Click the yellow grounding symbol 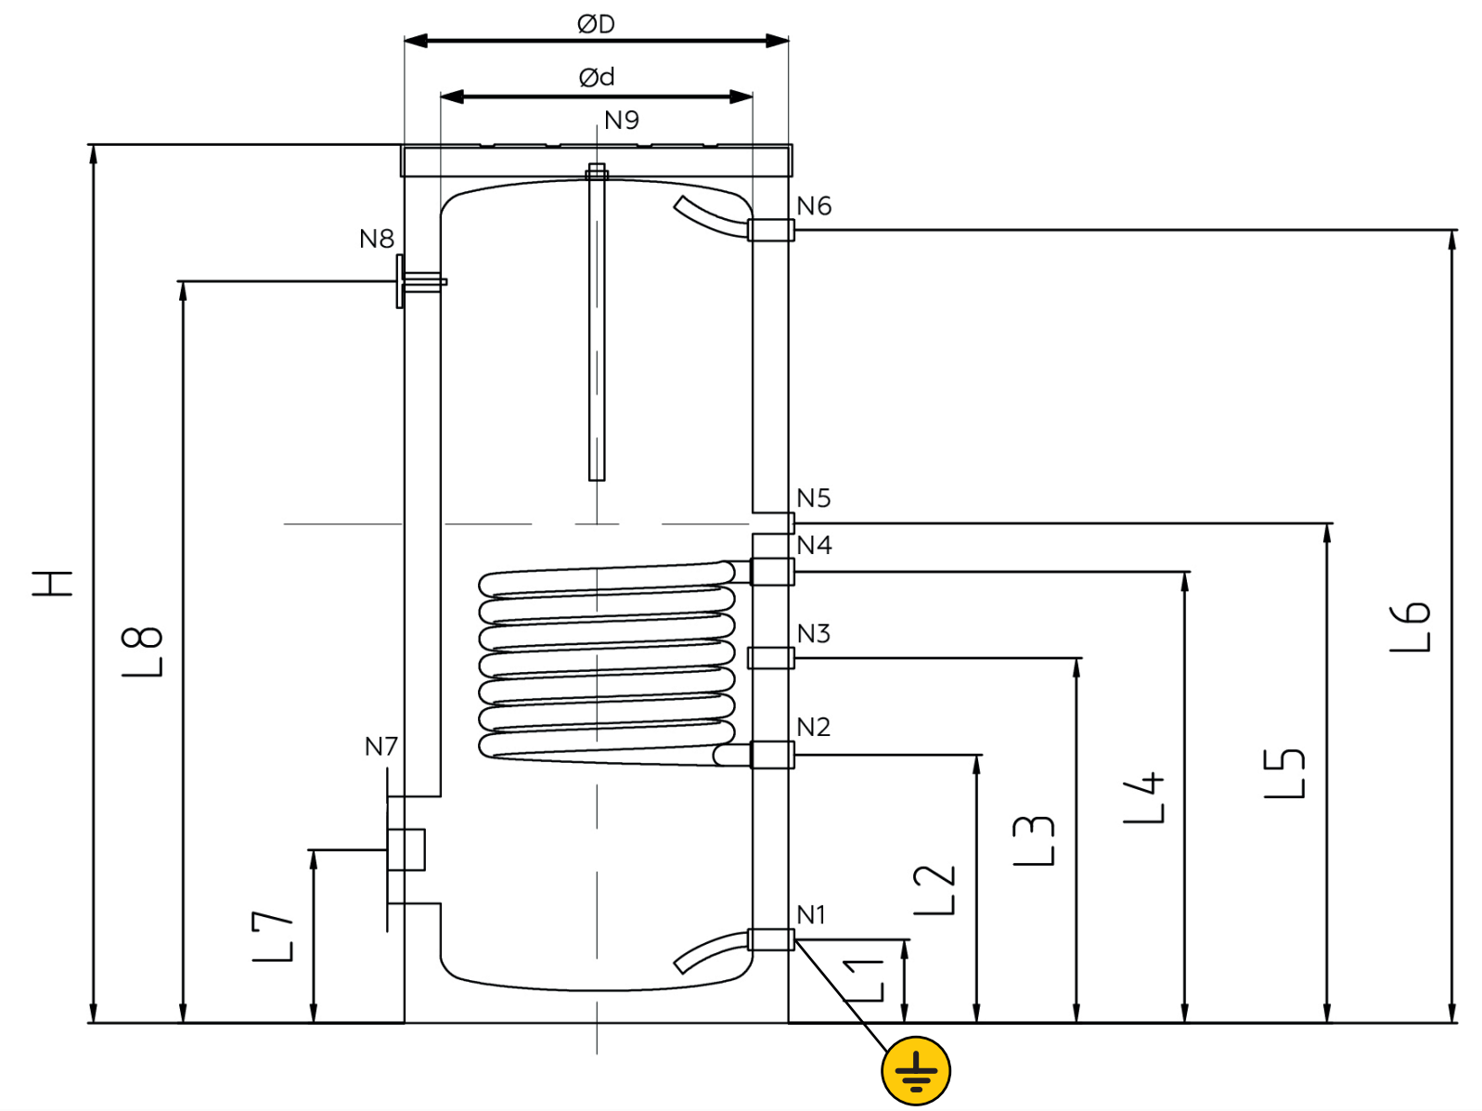click(916, 1071)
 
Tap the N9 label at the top click(621, 120)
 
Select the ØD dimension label click(596, 24)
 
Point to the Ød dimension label click(597, 77)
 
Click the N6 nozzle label click(814, 206)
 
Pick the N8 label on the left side click(376, 239)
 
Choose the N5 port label click(814, 498)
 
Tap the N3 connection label click(814, 634)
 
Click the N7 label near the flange click(381, 746)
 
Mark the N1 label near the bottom click(811, 914)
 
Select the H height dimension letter click(52, 584)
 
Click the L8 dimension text click(143, 652)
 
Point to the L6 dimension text click(1410, 627)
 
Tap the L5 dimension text click(1284, 773)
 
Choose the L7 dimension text click(273, 937)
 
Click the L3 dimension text click(1033, 840)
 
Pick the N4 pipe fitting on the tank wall click(772, 572)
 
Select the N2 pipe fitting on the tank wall click(772, 755)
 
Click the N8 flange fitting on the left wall click(419, 281)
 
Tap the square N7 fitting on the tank click(406, 850)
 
